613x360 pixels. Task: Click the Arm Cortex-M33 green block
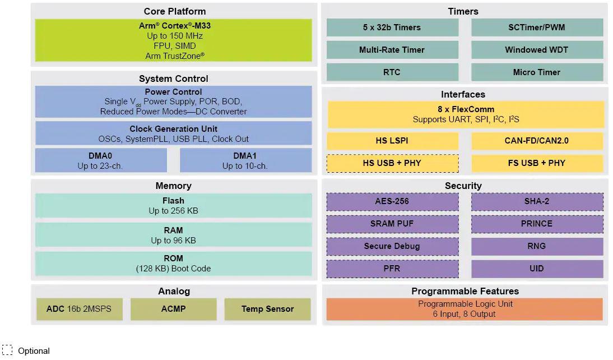coord(173,40)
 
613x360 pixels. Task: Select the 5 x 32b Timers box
coord(392,27)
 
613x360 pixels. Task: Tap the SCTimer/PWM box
coord(537,27)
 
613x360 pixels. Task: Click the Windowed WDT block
coord(537,50)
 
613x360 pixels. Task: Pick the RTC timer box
coord(392,72)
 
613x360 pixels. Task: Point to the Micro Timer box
coord(537,72)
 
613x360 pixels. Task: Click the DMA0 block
coord(100,160)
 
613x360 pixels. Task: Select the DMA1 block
coord(245,160)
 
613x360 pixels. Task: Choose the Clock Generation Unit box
coord(173,133)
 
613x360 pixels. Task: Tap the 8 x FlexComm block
coord(466,114)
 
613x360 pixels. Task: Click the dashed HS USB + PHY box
coord(392,163)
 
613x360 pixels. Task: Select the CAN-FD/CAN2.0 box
coord(537,141)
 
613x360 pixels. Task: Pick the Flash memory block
coord(173,206)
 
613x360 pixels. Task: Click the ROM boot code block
coord(173,264)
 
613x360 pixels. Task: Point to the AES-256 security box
coord(392,201)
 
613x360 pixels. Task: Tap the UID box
coord(537,269)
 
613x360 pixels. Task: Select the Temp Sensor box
coord(267,309)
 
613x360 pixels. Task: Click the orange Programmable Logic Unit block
coord(465,309)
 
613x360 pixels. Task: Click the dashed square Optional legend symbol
coord(7,350)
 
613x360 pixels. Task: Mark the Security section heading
coord(463,186)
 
